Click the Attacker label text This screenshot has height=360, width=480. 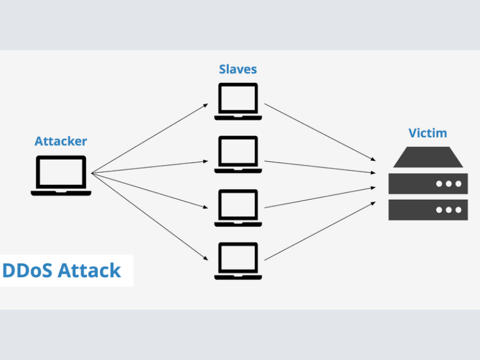click(61, 142)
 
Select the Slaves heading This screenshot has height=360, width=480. click(237, 69)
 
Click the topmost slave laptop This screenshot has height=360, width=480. click(237, 101)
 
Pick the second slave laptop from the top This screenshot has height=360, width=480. click(237, 154)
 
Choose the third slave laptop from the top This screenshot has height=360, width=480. click(237, 208)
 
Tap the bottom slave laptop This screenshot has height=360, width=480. click(237, 260)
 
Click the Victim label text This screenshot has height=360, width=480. click(428, 133)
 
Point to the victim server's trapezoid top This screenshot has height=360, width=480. click(428, 157)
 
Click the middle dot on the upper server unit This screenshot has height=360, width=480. click(448, 183)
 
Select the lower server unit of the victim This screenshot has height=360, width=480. click(428, 209)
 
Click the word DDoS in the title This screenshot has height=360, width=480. click(28, 271)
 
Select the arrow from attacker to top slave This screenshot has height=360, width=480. click(150, 139)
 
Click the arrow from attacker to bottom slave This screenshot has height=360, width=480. click(150, 217)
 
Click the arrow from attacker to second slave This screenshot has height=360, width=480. click(150, 167)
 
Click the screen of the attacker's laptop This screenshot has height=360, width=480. click(61, 172)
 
